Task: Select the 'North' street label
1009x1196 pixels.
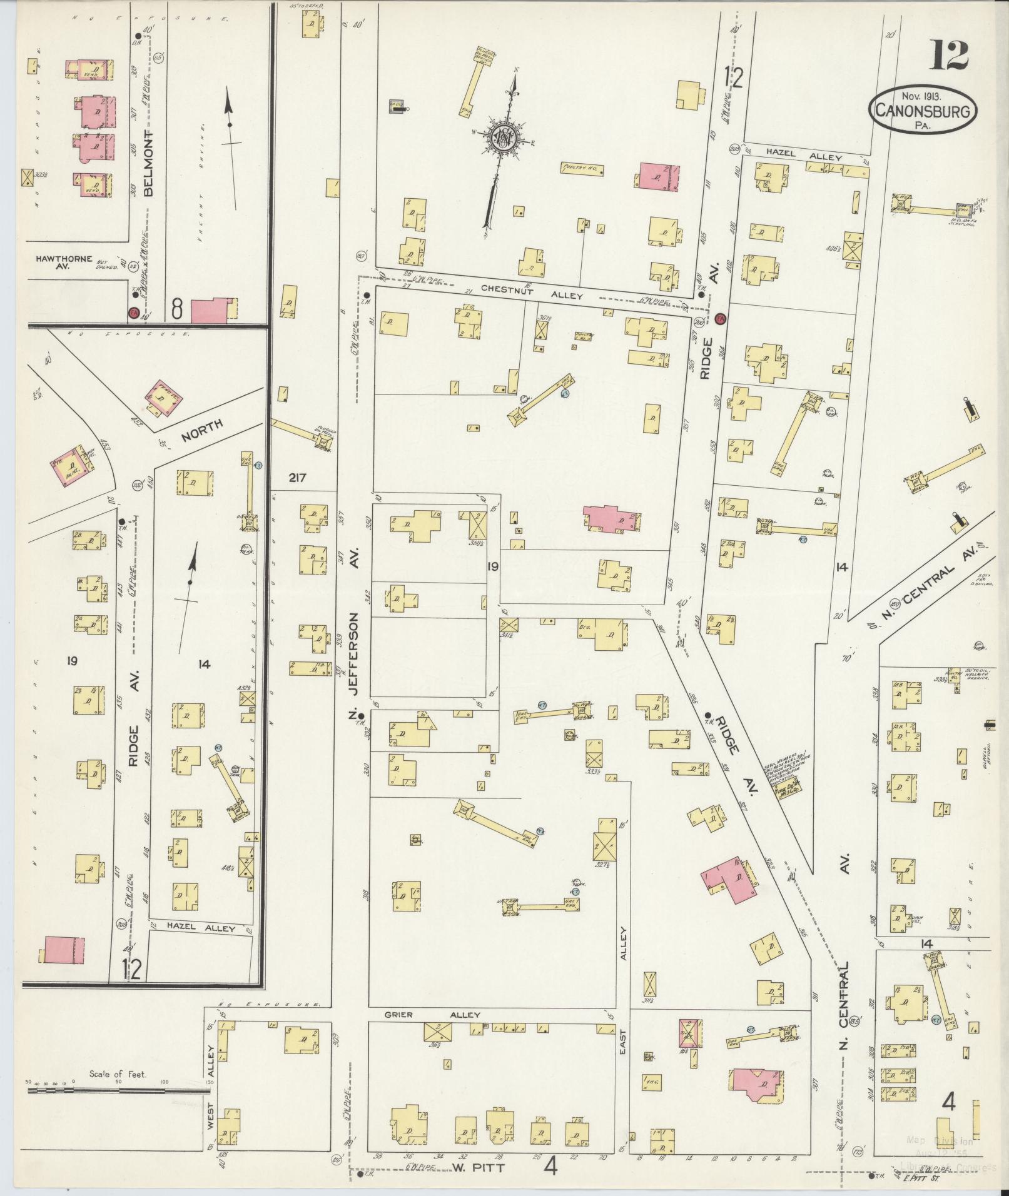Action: (201, 431)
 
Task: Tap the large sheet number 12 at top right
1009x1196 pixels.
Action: (948, 56)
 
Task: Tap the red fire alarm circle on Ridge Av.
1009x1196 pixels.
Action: (720, 319)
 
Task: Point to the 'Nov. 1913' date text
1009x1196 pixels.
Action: (921, 96)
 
